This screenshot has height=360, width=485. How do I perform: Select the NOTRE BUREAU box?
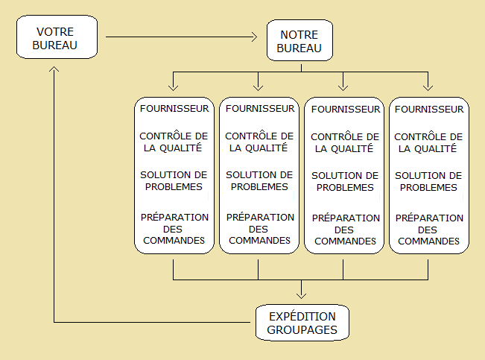[x=299, y=42]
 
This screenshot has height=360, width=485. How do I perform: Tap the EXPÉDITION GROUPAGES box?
[x=302, y=322]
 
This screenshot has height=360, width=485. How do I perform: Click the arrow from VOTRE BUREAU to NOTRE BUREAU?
[x=186, y=36]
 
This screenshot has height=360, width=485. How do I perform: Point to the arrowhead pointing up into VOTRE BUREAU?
[x=54, y=69]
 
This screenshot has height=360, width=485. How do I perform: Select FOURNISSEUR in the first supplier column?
[x=174, y=109]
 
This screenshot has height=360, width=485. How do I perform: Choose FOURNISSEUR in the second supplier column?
[x=259, y=109]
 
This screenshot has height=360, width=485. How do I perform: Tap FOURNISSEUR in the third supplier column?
[x=345, y=110]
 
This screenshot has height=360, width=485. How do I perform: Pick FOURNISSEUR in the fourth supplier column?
[x=429, y=110]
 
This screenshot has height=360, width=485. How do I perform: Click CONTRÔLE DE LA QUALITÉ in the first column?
[x=174, y=142]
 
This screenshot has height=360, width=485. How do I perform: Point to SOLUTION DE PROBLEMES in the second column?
[x=259, y=181]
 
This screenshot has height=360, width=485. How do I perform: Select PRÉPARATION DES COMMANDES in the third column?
[x=345, y=230]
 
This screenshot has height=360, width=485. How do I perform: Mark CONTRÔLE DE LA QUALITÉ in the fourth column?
[x=429, y=142]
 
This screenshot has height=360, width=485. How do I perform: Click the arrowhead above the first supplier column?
[x=174, y=85]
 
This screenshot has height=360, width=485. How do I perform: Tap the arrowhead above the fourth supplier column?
[x=428, y=85]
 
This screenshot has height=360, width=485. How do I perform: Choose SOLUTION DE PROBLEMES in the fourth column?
[x=429, y=181]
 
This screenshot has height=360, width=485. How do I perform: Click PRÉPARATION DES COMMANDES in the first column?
[x=174, y=228]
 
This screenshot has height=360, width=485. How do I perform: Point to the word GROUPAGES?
[x=302, y=329]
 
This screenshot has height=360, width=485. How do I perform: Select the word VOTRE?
[x=57, y=32]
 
